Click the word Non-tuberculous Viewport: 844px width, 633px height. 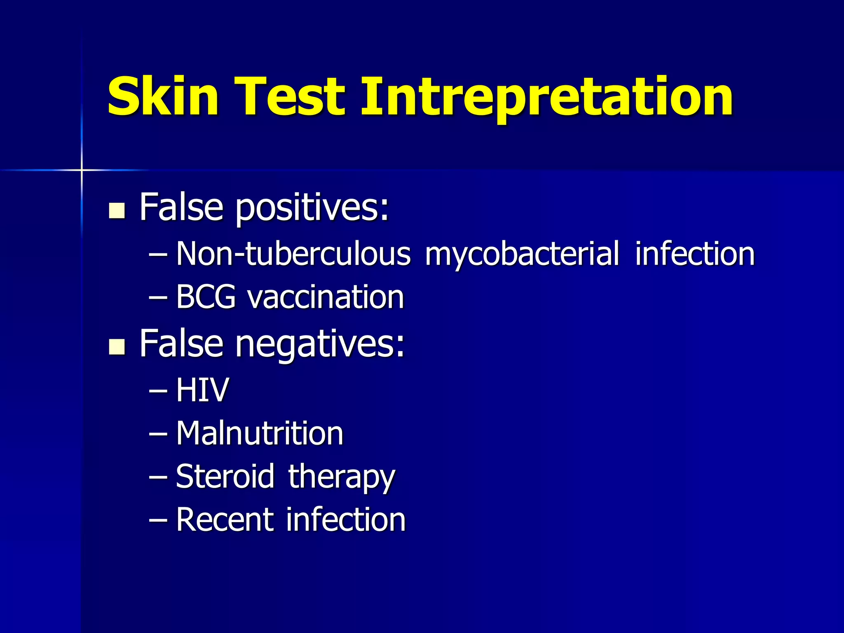click(293, 253)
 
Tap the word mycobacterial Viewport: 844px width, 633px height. click(522, 254)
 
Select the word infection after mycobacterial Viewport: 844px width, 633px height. click(695, 253)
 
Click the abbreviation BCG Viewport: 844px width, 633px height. click(206, 297)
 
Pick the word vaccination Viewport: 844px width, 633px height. click(325, 297)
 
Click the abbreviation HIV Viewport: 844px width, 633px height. click(202, 390)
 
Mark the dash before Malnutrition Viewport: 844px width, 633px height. click(158, 434)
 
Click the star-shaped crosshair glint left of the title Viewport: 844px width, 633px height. click(82, 170)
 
